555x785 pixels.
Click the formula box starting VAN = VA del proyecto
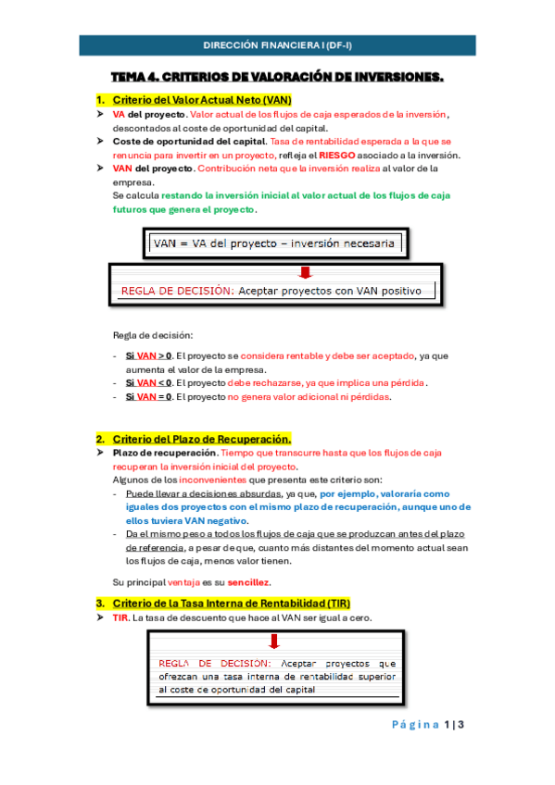coord(275,243)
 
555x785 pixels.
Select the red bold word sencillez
coord(246,582)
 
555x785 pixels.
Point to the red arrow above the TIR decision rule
coord(274,642)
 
